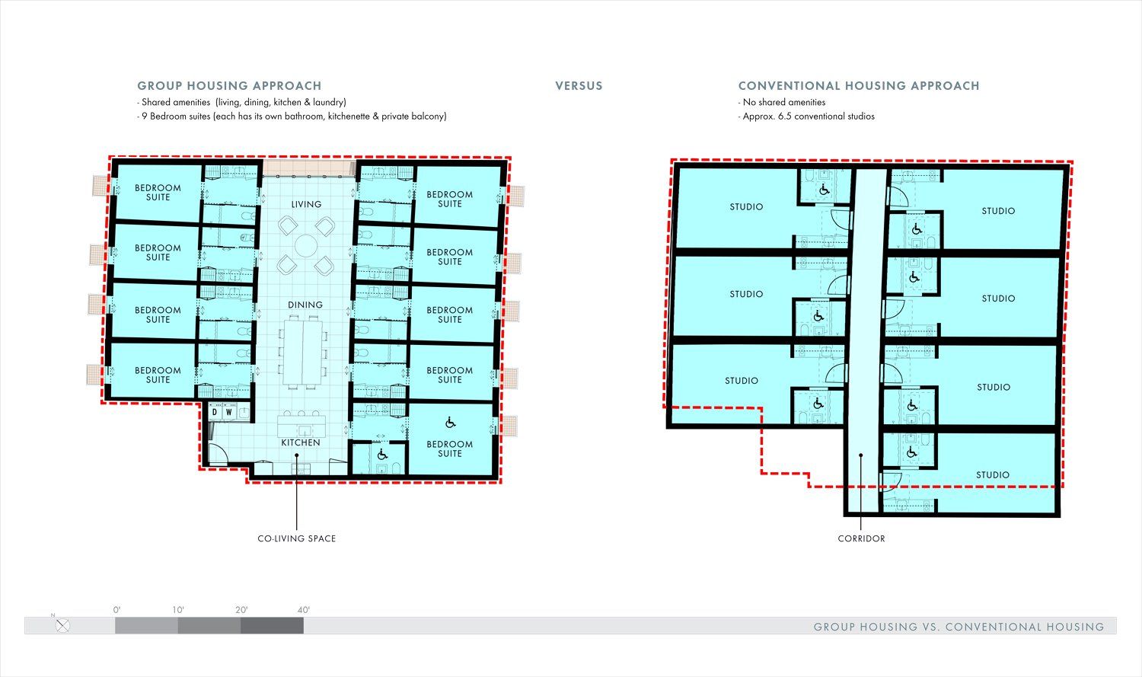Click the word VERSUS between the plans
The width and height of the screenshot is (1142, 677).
(x=579, y=85)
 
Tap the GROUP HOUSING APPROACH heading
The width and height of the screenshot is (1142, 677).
(x=229, y=85)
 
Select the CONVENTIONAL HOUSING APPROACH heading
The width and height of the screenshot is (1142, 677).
(x=859, y=85)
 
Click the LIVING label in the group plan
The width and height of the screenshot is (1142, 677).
(x=306, y=204)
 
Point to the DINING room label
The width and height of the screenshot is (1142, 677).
(x=305, y=305)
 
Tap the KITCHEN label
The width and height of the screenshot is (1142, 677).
(x=301, y=442)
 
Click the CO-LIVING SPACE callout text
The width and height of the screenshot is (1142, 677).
(x=297, y=538)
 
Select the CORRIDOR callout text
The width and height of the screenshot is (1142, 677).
(x=861, y=538)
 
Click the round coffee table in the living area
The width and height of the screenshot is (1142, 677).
(x=306, y=245)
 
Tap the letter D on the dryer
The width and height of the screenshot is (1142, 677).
(x=215, y=412)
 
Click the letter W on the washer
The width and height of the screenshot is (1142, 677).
(x=229, y=412)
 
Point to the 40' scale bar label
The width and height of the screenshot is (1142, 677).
(x=303, y=610)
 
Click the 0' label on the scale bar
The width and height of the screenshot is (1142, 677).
(x=116, y=610)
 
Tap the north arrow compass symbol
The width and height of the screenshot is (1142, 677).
(x=62, y=625)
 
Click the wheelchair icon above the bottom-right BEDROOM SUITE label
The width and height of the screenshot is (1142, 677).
(x=450, y=423)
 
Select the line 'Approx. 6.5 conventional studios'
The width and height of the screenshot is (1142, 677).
(x=806, y=117)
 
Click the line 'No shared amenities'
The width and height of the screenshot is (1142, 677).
(x=782, y=102)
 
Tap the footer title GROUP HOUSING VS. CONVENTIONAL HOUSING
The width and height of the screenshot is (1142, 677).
(x=959, y=627)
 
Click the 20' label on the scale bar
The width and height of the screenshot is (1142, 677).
(x=241, y=610)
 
